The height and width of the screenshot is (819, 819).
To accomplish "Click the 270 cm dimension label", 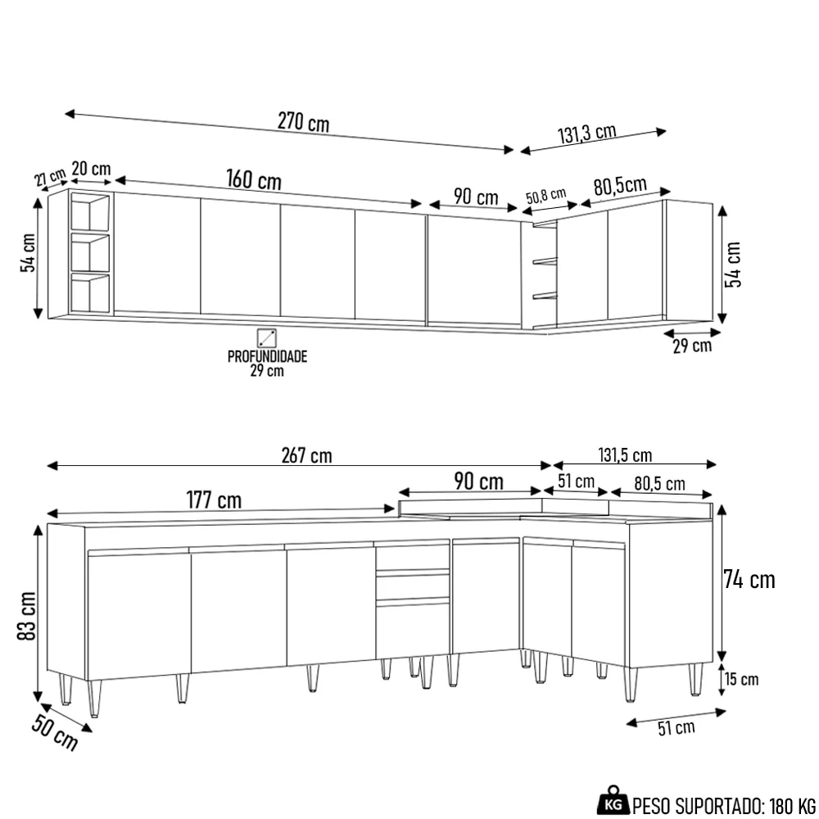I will [x=303, y=123].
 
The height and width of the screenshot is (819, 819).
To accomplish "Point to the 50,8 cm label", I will [x=545, y=196].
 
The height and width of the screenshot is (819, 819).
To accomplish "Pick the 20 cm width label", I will [x=91, y=169].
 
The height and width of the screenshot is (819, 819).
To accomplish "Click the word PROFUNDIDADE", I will [x=267, y=357].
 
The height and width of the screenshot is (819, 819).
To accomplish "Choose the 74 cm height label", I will [x=749, y=580].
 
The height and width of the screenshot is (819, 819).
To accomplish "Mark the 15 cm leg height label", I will [x=741, y=679].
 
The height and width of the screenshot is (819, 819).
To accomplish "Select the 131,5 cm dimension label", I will [x=625, y=456].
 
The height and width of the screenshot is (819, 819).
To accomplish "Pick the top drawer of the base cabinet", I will [x=413, y=558].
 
